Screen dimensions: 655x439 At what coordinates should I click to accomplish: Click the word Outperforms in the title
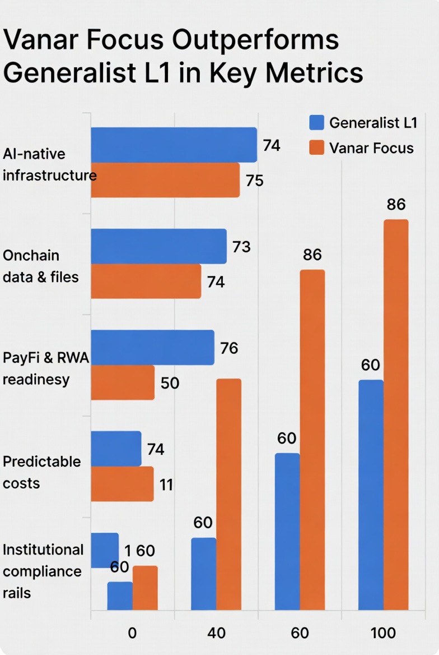(x=255, y=40)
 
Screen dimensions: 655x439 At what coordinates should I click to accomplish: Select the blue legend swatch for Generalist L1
(x=317, y=122)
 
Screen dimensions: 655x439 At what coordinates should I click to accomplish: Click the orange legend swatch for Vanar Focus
(x=317, y=148)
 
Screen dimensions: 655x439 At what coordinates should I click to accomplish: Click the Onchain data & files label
(x=41, y=266)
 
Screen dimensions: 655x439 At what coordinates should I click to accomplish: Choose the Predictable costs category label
(x=42, y=472)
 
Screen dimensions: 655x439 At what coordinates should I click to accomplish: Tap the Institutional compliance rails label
(x=43, y=571)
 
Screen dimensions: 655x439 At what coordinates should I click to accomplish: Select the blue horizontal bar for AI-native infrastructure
(x=174, y=145)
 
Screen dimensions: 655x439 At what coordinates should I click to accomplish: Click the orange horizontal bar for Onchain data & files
(x=146, y=281)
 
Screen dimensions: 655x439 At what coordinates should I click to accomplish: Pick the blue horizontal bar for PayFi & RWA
(x=152, y=347)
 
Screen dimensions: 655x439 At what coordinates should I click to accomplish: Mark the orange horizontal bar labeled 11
(x=122, y=483)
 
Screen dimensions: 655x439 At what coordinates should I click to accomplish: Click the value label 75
(x=254, y=181)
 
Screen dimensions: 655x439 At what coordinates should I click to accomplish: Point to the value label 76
(x=229, y=348)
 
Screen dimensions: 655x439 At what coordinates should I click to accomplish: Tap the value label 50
(x=170, y=384)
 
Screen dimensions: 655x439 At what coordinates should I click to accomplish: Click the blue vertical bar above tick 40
(x=204, y=573)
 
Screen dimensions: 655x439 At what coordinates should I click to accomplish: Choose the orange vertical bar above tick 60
(x=312, y=439)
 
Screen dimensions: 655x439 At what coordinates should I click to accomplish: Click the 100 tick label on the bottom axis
(x=383, y=633)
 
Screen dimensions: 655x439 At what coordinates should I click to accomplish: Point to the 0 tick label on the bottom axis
(x=132, y=633)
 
